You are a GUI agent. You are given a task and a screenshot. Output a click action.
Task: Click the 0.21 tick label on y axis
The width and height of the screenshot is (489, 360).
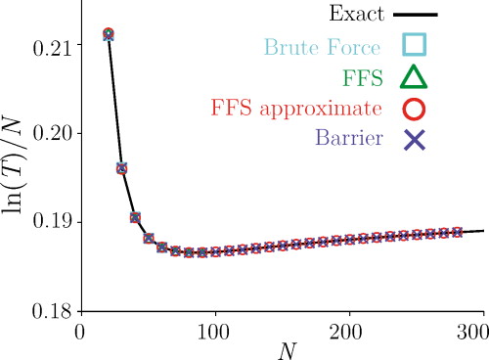(51, 44)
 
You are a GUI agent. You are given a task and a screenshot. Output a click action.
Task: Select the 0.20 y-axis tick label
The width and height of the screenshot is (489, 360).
(51, 133)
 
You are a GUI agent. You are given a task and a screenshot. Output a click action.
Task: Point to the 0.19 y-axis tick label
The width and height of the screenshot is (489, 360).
(51, 223)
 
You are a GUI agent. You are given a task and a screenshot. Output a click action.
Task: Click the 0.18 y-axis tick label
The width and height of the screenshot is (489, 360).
(51, 312)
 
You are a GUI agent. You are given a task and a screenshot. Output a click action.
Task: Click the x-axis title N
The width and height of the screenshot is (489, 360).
(282, 349)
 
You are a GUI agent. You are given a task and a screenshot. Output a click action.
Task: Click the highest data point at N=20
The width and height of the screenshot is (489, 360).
(108, 35)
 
